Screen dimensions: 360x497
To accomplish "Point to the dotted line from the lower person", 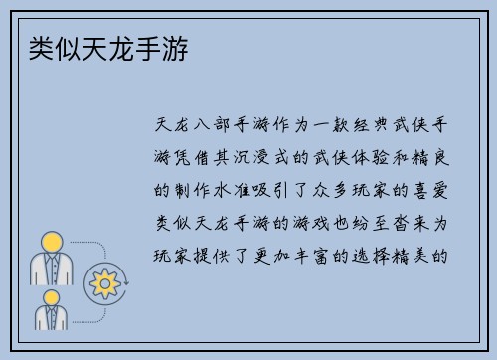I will [80, 309].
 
